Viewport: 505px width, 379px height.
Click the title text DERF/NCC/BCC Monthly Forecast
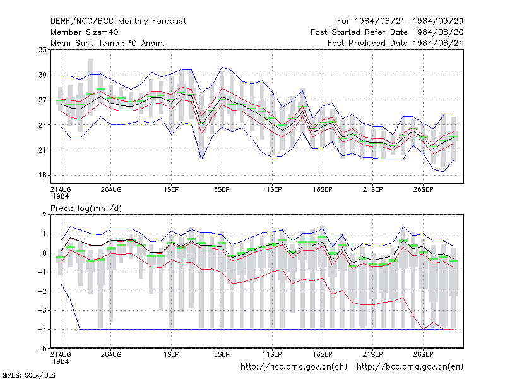(118, 21)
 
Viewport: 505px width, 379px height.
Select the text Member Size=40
(85, 32)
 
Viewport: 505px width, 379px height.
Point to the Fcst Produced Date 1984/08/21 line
(395, 43)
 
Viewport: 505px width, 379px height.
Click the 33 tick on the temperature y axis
(42, 50)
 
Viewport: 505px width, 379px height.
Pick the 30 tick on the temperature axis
(42, 75)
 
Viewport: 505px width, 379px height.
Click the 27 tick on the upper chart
(42, 100)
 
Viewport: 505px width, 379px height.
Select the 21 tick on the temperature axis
(42, 150)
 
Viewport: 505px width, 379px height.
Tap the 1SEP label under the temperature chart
(171, 190)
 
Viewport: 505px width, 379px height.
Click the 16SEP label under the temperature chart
(323, 190)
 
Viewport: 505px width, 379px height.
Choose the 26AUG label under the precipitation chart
(111, 354)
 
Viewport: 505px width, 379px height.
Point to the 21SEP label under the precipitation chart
(373, 354)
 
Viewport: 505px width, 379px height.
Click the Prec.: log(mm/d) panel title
(86, 208)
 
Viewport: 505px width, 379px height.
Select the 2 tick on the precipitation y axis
(44, 215)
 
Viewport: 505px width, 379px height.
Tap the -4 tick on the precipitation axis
(42, 329)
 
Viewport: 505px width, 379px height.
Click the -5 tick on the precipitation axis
(42, 349)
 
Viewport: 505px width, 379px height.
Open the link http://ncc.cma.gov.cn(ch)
(294, 367)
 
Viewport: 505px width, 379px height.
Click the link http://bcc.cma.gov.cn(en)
(410, 367)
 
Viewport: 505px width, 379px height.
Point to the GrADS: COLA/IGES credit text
(28, 375)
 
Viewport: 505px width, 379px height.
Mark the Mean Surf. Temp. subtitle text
(108, 43)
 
